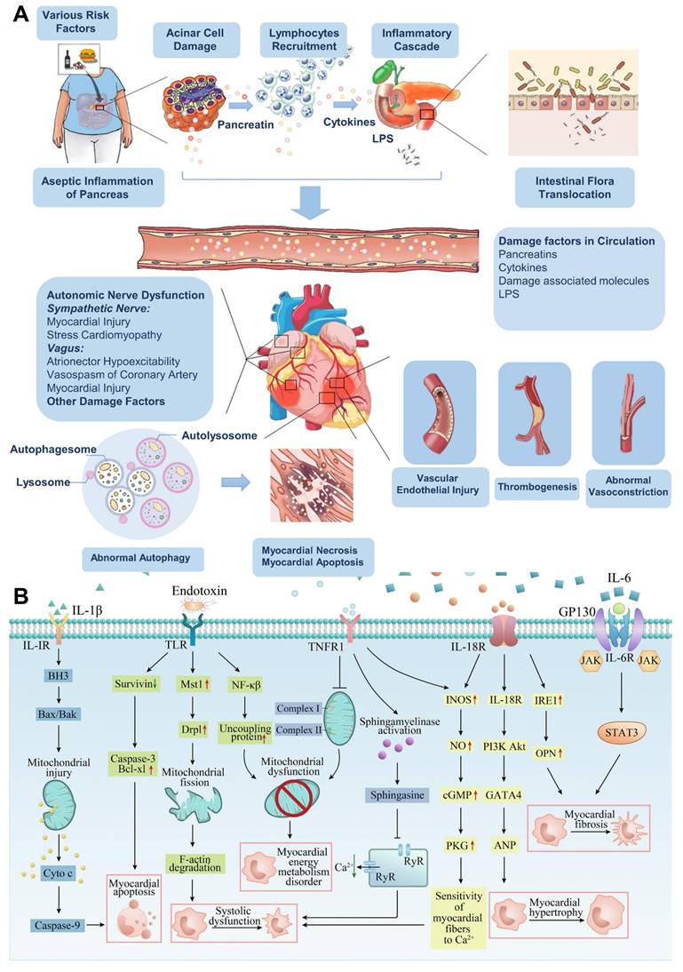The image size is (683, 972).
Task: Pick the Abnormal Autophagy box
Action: pos(142,558)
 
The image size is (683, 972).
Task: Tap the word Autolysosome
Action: pos(219,435)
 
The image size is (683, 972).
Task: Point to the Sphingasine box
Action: pos(401,794)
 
